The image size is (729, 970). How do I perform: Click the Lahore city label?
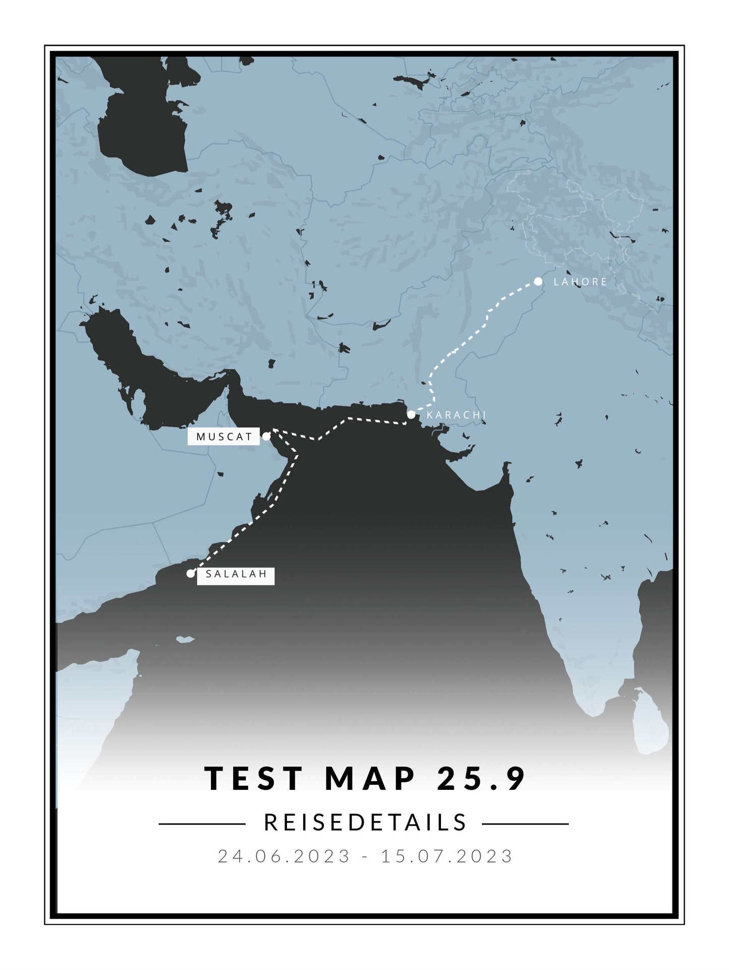click(x=580, y=282)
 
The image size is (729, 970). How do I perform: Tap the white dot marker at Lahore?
click(x=538, y=281)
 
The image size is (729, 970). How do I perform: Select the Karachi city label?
click(x=456, y=415)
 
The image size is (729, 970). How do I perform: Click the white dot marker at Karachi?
click(x=411, y=414)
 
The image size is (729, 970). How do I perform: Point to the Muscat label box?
click(x=224, y=437)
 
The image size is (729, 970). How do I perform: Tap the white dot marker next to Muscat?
click(x=266, y=437)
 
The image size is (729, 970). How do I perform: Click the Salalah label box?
click(x=236, y=574)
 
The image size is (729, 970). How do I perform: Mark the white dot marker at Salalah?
click(x=190, y=573)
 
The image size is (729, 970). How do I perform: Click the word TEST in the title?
click(x=254, y=779)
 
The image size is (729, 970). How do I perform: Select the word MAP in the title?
click(x=371, y=779)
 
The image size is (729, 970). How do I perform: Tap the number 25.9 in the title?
click(x=482, y=779)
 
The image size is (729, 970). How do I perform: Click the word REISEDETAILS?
click(x=366, y=823)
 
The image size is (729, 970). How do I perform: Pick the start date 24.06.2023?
click(x=284, y=856)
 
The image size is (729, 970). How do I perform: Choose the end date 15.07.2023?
click(x=447, y=856)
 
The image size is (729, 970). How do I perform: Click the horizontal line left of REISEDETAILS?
click(x=202, y=824)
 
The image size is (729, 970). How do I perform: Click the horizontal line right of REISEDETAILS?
click(x=525, y=824)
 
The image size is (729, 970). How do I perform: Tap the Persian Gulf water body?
click(x=151, y=373)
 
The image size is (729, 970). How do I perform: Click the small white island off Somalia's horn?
click(x=185, y=640)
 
